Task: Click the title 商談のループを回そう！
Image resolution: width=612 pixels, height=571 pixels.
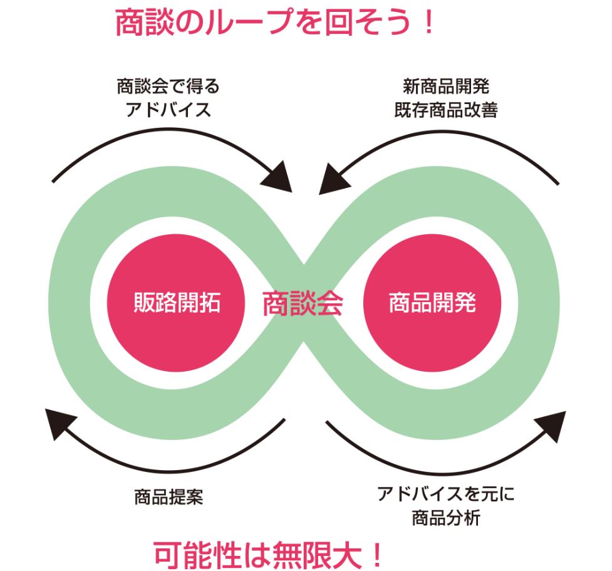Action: [x=274, y=24]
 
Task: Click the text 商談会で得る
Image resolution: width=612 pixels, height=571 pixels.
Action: [x=169, y=86]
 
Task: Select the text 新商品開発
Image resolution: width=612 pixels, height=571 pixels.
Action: [x=445, y=86]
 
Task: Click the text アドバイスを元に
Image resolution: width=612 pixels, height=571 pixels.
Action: [x=445, y=495]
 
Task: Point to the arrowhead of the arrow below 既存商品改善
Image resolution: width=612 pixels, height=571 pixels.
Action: [x=329, y=180]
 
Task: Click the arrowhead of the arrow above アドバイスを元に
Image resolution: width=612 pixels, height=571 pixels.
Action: [x=551, y=425]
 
